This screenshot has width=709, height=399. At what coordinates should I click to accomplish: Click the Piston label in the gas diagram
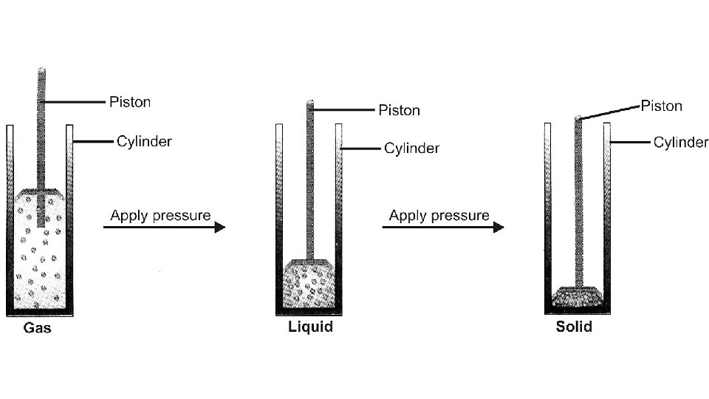129,102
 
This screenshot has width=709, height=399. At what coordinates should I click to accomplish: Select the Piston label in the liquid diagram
399,110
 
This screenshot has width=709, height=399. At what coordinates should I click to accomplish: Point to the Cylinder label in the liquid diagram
411,149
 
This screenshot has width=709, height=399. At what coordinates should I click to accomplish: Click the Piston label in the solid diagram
661,106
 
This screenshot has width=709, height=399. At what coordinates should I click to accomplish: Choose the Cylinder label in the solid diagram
679,142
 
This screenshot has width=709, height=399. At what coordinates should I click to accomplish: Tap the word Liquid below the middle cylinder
310,327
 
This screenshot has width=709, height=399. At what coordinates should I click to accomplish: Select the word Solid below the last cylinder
574,327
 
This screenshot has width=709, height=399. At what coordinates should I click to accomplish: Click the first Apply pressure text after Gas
160,216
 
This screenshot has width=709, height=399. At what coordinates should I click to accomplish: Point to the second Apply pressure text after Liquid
439,215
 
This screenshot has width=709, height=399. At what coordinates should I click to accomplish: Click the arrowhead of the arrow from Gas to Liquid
219,228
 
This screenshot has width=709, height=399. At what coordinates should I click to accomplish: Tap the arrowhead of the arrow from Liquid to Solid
499,228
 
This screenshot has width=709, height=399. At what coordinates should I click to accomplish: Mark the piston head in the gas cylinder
41,194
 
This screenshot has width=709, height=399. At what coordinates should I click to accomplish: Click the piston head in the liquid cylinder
310,264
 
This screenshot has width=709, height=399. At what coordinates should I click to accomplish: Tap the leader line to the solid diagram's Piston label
609,113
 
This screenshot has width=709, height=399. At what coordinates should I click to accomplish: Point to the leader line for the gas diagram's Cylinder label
94,140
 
